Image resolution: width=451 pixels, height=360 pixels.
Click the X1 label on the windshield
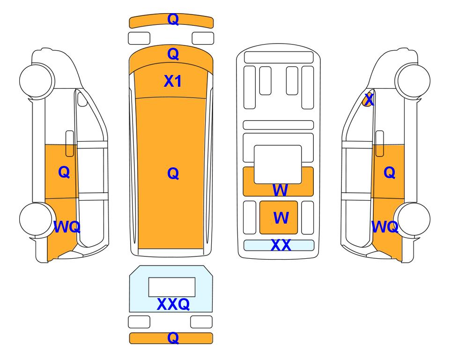pyautogui.click(x=172, y=81)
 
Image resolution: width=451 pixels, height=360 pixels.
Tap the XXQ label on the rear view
pyautogui.click(x=173, y=304)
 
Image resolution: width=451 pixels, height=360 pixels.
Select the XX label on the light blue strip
pyautogui.click(x=281, y=245)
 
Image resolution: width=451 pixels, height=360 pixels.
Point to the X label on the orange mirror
pyautogui.click(x=369, y=100)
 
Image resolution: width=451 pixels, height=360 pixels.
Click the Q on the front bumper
pyautogui.click(x=173, y=19)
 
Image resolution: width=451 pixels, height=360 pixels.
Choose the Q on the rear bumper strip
pyautogui.click(x=173, y=337)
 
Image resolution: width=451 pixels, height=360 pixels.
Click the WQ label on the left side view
pyautogui.click(x=67, y=227)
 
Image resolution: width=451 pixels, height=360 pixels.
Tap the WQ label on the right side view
pyautogui.click(x=385, y=227)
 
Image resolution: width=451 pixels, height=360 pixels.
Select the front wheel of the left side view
pyautogui.click(x=37, y=80)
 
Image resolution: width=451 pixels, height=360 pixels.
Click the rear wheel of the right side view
pyautogui.click(x=413, y=219)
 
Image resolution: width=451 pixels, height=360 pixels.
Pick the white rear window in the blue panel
pyautogui.click(x=172, y=287)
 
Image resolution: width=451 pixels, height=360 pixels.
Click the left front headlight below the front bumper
pyautogui.click(x=139, y=38)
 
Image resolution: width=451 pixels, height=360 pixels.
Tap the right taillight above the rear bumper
pyautogui.click(x=201, y=322)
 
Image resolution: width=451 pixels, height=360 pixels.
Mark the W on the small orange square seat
pyautogui.click(x=281, y=217)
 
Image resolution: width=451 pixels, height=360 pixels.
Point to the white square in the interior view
pyautogui.click(x=278, y=165)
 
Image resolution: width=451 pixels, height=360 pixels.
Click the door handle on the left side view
pyautogui.click(x=70, y=143)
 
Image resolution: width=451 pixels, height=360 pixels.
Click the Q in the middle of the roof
pyautogui.click(x=173, y=173)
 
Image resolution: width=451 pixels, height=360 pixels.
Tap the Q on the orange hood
pyautogui.click(x=173, y=54)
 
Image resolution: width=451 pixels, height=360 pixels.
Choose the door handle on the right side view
pyautogui.click(x=380, y=143)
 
